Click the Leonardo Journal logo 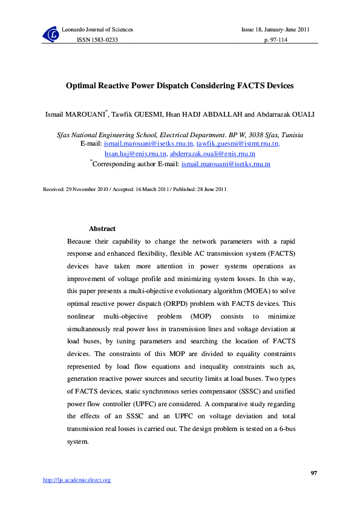click(x=51, y=34)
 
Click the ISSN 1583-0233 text click(x=96, y=39)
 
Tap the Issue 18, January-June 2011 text click(x=276, y=30)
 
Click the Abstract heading click(x=102, y=229)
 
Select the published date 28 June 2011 click(x=205, y=189)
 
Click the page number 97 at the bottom click(x=313, y=472)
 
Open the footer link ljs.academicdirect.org click(x=77, y=480)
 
